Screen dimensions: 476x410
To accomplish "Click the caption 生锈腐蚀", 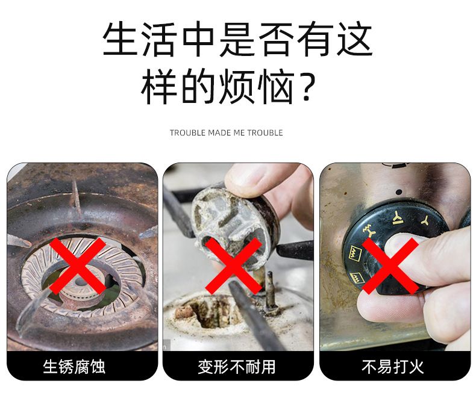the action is [x=74, y=366].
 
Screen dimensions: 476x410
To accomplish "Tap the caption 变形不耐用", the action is [x=236, y=366].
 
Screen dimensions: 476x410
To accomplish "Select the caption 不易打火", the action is [x=392, y=366].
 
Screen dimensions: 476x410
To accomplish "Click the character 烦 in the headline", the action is [x=236, y=87].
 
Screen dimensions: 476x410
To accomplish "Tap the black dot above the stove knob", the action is [x=399, y=192].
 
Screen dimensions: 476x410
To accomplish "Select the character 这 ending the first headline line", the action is [x=354, y=39].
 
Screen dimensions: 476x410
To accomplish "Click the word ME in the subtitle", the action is [x=239, y=133].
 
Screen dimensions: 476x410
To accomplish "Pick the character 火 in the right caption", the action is [x=416, y=366].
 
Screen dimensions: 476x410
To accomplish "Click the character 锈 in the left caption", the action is [x=66, y=366].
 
